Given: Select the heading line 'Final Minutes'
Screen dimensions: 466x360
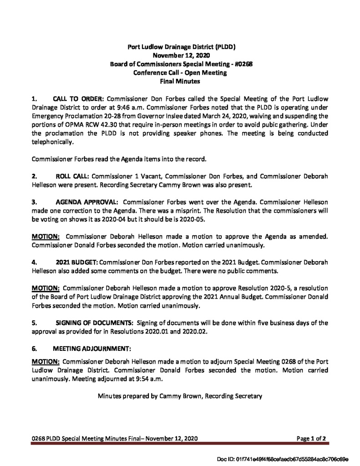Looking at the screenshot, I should click(x=181, y=81).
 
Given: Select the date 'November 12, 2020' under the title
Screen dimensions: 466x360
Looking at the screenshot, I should click(x=181, y=55).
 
